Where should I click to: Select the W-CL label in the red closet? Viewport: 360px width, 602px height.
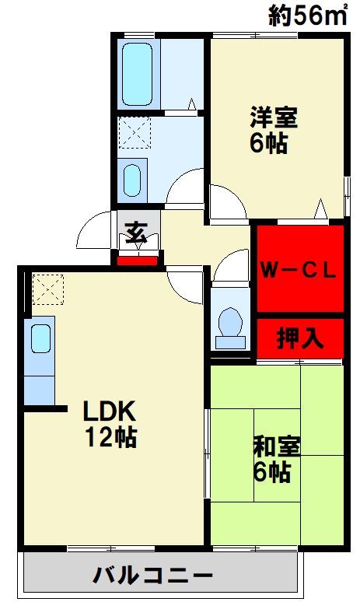tap(298, 270)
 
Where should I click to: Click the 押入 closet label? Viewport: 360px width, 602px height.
tap(299, 338)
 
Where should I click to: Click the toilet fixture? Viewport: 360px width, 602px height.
tap(229, 326)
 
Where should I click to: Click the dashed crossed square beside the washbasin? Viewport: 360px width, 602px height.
tap(134, 132)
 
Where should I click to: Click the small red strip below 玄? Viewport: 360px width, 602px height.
tap(138, 259)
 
